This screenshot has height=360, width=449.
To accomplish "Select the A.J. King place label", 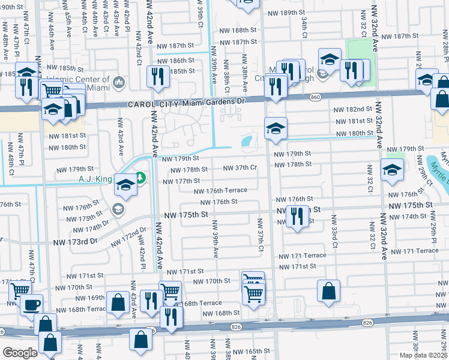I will click(x=95, y=178).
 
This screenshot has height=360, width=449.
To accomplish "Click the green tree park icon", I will click(x=140, y=178).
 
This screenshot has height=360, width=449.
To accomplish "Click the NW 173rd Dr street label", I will click(x=72, y=241).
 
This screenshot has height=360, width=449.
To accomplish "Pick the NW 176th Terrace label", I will click(x=220, y=191).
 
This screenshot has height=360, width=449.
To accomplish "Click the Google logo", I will click(x=20, y=353).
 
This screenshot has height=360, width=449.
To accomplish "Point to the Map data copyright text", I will click(x=423, y=355).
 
